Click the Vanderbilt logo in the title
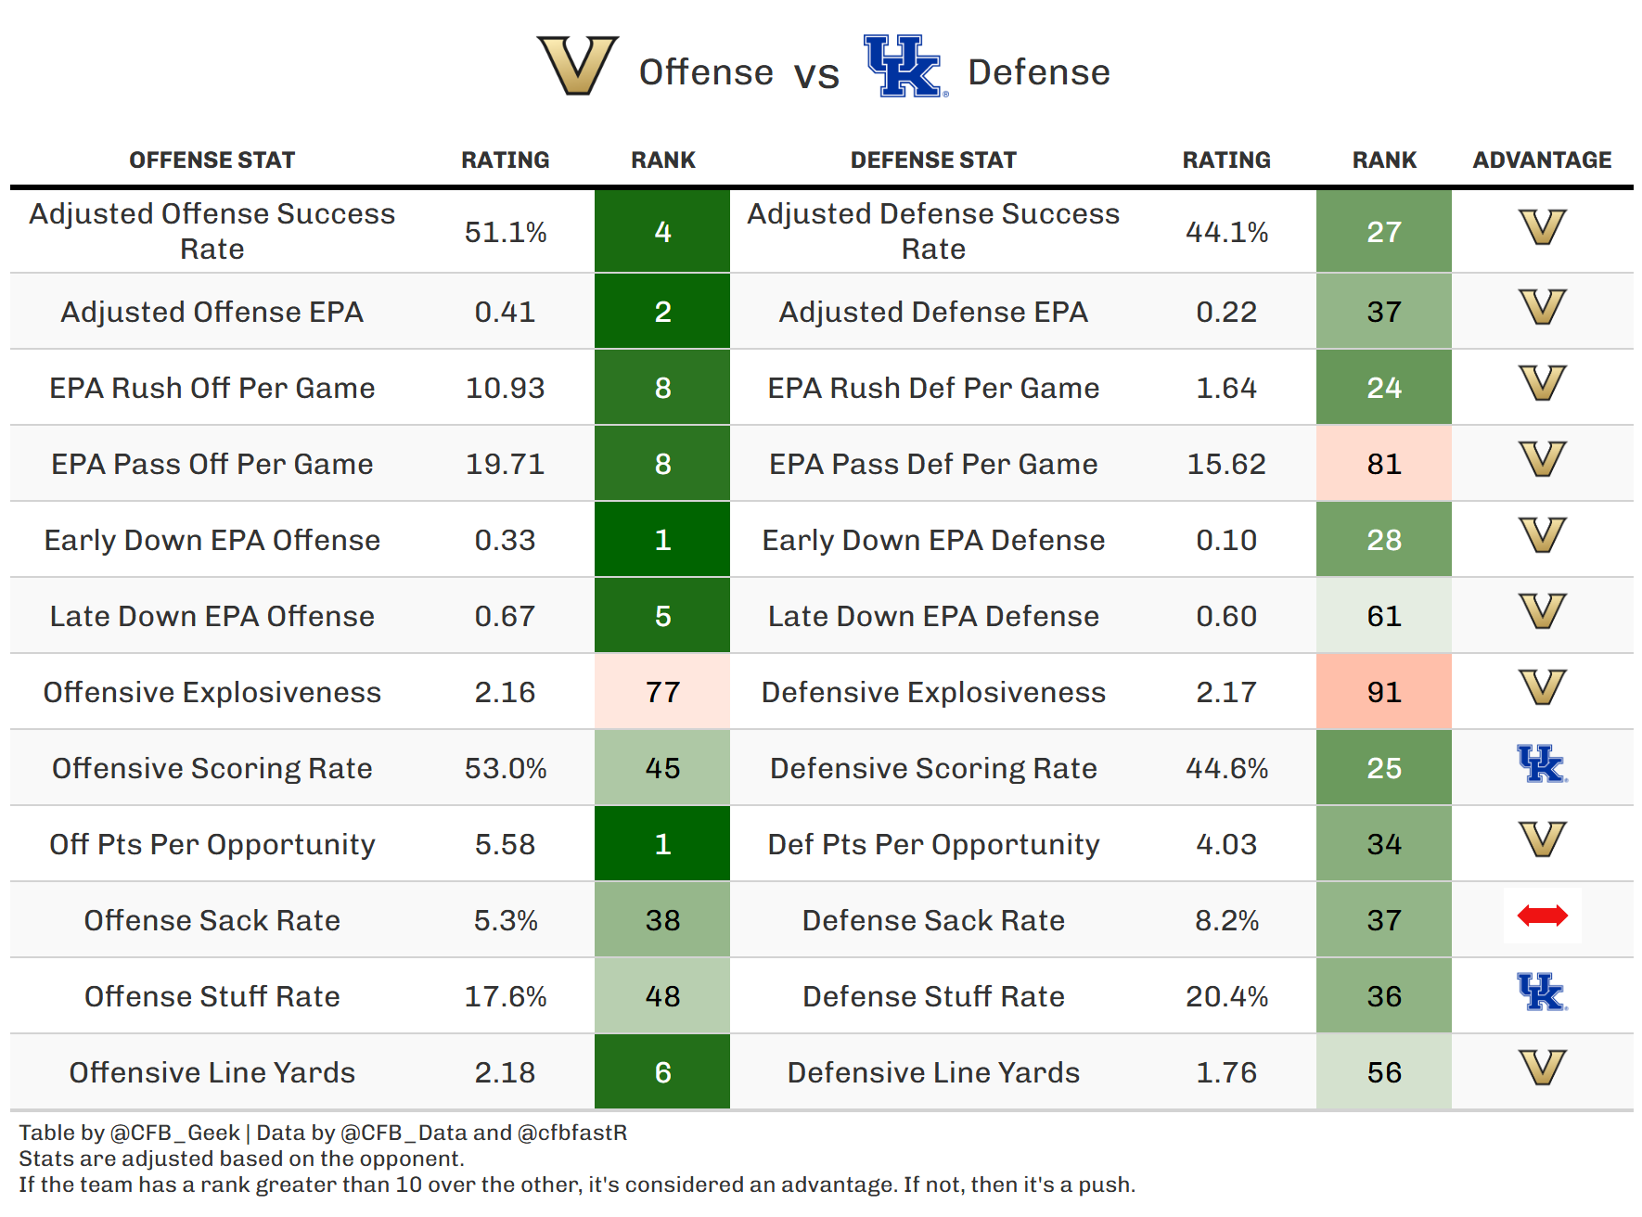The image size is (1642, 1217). pos(577,65)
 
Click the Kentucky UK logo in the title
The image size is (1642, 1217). pos(904,66)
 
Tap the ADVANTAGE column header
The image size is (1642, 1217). pos(1542,160)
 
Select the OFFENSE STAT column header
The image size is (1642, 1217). pos(212,160)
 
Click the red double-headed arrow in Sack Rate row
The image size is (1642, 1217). pos(1542,916)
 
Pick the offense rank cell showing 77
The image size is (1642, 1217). pos(662,692)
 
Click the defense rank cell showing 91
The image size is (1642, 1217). pos(1383,692)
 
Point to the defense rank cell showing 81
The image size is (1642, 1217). pos(1383,464)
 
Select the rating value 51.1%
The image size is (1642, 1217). pos(506,232)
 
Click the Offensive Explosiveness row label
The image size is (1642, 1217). pos(212,692)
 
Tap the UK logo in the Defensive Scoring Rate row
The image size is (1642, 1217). pos(1542,764)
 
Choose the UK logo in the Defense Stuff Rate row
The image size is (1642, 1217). pos(1542,993)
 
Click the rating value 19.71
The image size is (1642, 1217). pos(506,464)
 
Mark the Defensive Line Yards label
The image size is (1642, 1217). pos(933,1072)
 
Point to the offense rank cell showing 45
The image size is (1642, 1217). pos(662,768)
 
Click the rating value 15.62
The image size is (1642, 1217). pos(1226,464)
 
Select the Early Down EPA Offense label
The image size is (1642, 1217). pos(212,540)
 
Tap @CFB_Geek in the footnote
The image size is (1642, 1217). pos(175,1133)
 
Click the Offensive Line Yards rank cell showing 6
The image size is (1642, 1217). pos(662,1072)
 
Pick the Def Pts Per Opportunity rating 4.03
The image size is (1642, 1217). pos(1226,844)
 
